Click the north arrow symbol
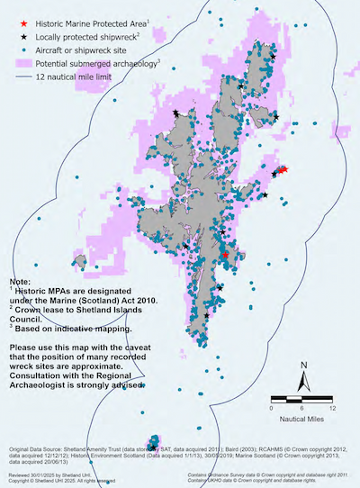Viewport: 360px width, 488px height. (x=305, y=382)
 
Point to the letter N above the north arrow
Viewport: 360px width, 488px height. (x=305, y=365)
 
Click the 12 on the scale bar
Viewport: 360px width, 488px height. (x=332, y=408)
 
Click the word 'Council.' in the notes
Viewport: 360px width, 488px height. (x=27, y=322)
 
